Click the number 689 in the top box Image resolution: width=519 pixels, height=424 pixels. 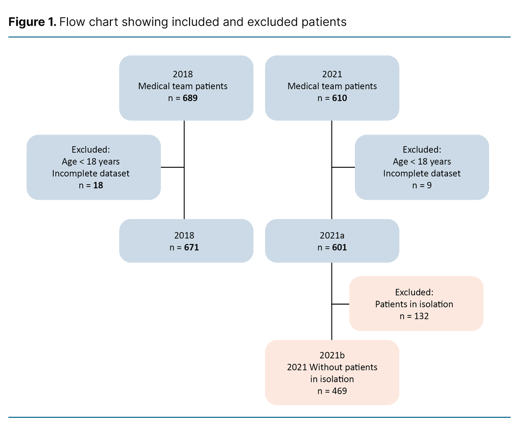pyautogui.click(x=190, y=98)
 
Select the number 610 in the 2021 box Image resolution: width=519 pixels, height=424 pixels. pyautogui.click(x=340, y=98)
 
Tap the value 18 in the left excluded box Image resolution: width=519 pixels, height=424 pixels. pyautogui.click(x=98, y=185)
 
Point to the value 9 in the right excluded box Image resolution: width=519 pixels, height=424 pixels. pyautogui.click(x=429, y=185)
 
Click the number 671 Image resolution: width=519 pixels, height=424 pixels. pyautogui.click(x=190, y=248)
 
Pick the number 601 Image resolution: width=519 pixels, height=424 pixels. pyautogui.click(x=340, y=248)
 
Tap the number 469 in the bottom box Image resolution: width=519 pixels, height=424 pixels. pyautogui.click(x=340, y=391)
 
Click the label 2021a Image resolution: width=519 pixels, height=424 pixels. pyautogui.click(x=332, y=235)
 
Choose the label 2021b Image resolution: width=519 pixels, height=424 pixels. pyautogui.click(x=332, y=355)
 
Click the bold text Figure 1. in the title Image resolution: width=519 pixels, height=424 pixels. pyautogui.click(x=32, y=22)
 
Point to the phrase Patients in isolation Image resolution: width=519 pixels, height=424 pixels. pyautogui.click(x=414, y=304)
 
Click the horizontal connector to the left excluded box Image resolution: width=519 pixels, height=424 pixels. pyautogui.click(x=172, y=167)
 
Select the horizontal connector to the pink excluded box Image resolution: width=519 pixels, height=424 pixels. pyautogui.click(x=340, y=304)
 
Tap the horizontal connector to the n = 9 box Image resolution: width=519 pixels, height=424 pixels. pyautogui.click(x=343, y=167)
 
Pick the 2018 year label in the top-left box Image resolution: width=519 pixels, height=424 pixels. pyautogui.click(x=183, y=74)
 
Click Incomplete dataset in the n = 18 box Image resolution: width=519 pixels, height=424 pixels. pyautogui.click(x=91, y=173)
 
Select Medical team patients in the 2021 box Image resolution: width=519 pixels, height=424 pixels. pyautogui.click(x=332, y=86)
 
